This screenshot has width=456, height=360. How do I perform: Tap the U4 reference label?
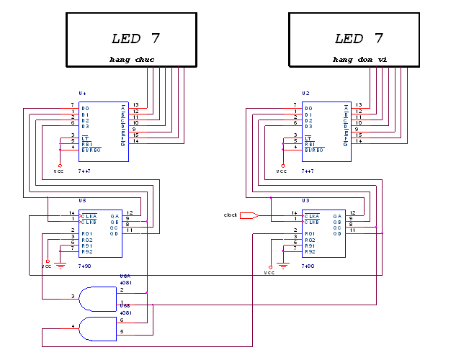(x=83, y=94)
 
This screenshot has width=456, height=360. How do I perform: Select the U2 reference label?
(x=306, y=94)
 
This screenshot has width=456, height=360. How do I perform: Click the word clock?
(x=231, y=215)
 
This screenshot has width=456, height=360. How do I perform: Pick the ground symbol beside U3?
(x=282, y=264)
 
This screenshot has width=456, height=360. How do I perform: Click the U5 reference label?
(x=82, y=200)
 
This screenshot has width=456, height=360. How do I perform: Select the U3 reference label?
(x=305, y=200)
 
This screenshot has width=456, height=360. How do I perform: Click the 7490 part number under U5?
(x=84, y=266)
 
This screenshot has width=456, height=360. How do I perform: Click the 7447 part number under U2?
(x=307, y=172)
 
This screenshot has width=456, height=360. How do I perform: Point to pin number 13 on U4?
(x=136, y=105)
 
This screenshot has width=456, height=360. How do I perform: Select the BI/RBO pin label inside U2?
(x=313, y=150)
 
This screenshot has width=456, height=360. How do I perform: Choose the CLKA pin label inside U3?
(x=311, y=215)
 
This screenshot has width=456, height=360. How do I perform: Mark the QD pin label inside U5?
(x=115, y=233)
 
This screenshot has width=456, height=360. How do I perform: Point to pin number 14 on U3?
(x=294, y=212)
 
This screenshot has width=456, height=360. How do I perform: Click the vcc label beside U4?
(x=59, y=172)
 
